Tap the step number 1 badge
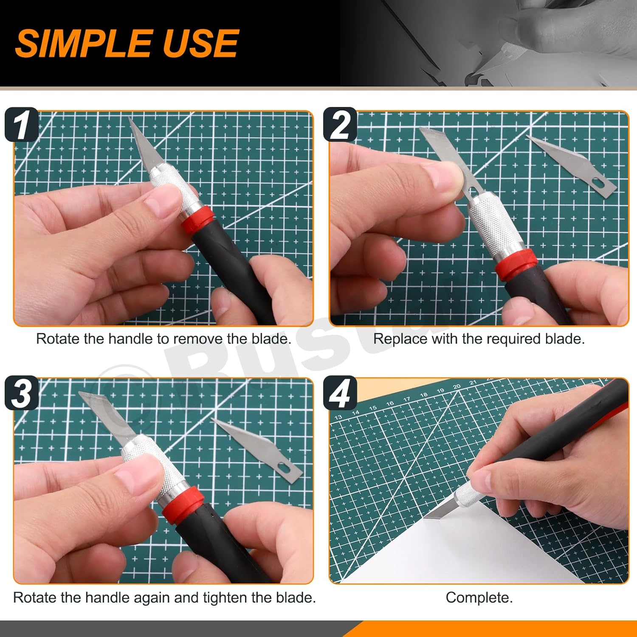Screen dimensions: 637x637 pos(21,125)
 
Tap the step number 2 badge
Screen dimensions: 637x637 pos(340,125)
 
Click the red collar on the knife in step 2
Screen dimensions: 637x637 pos(515,264)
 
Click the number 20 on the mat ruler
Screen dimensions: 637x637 pos(457,387)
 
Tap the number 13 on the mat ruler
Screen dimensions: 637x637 pos(338,417)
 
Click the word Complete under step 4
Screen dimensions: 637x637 pos(479,598)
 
